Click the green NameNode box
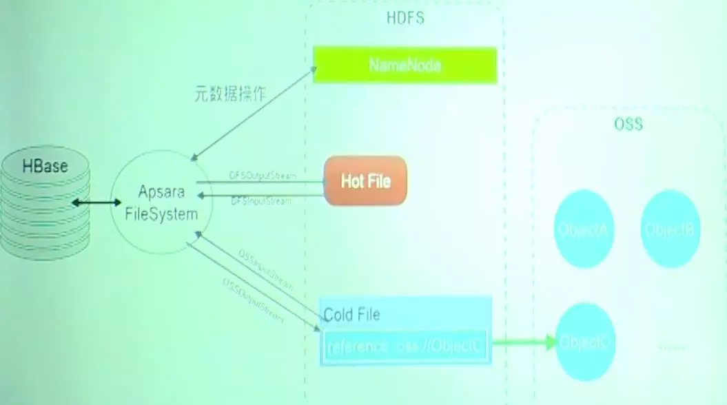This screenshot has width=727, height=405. (x=405, y=65)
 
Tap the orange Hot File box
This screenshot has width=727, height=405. (x=365, y=180)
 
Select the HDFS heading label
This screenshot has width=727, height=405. (x=405, y=19)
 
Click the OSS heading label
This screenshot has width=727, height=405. (x=628, y=125)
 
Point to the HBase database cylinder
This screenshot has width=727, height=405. (x=45, y=204)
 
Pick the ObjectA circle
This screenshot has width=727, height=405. (x=583, y=229)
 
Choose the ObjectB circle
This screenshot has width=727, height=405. (x=670, y=229)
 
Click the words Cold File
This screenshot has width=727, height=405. (x=352, y=315)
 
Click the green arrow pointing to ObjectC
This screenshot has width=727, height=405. (x=524, y=342)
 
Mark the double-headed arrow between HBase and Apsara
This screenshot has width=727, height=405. (x=96, y=202)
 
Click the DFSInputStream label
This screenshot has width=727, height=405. (x=261, y=201)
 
